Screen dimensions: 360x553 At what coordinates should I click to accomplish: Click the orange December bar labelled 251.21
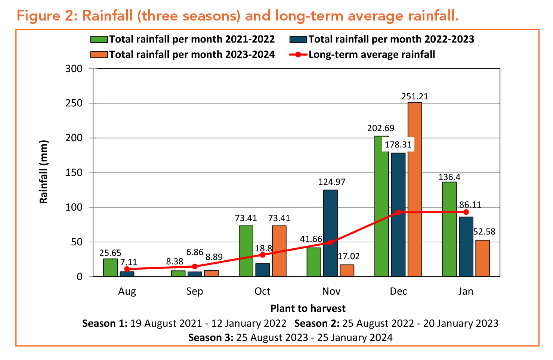pyautogui.click(x=415, y=189)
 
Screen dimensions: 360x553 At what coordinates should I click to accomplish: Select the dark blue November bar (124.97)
pyautogui.click(x=330, y=233)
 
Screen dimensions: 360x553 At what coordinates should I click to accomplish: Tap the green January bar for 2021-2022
pyautogui.click(x=449, y=229)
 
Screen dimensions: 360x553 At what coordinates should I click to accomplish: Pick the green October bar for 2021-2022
pyautogui.click(x=246, y=251)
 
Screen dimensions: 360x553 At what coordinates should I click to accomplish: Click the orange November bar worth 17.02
pyautogui.click(x=347, y=270)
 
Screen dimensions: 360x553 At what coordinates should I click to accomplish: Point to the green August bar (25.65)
pyautogui.click(x=110, y=267)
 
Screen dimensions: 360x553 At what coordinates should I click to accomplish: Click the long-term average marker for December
pyautogui.click(x=398, y=212)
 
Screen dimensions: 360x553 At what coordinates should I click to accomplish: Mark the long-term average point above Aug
pyautogui.click(x=127, y=269)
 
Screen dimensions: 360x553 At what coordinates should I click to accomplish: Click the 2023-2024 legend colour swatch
pyautogui.click(x=99, y=55)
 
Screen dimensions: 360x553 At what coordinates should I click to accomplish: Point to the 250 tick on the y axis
pyautogui.click(x=74, y=103)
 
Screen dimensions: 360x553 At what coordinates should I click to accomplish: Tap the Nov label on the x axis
pyautogui.click(x=331, y=291)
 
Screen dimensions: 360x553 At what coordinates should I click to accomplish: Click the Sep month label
pyautogui.click(x=195, y=291)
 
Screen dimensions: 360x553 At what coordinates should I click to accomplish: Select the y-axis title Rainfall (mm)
pyautogui.click(x=44, y=172)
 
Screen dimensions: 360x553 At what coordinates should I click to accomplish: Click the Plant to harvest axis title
pyautogui.click(x=308, y=308)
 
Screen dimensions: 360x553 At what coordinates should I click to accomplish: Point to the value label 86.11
pyautogui.click(x=470, y=205)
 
